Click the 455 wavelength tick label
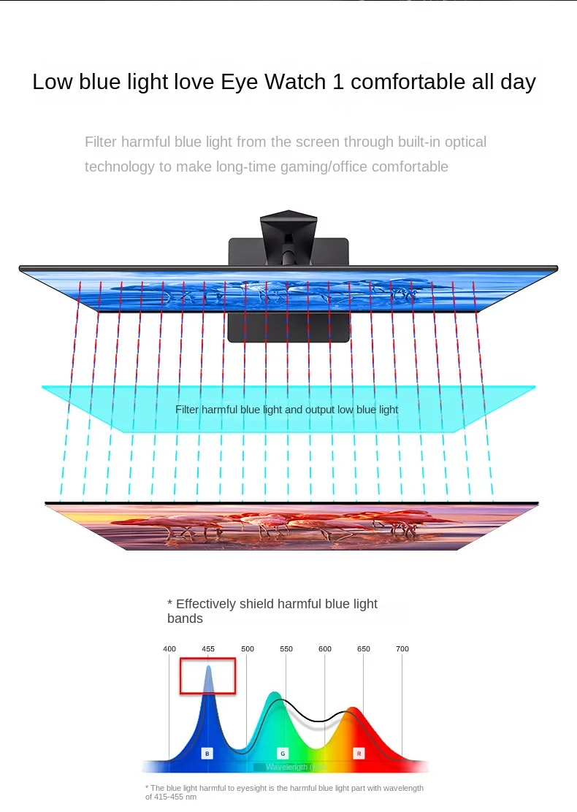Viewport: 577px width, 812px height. (208, 648)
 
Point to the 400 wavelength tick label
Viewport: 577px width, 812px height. (169, 648)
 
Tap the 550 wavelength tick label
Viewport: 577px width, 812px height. (286, 648)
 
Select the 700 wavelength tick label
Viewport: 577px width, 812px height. (402, 648)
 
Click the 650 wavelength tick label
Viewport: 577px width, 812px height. (364, 648)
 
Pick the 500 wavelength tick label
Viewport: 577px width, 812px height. (248, 648)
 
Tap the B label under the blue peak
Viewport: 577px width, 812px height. (207, 753)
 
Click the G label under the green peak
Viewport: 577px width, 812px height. (283, 753)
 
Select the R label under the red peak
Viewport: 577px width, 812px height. (359, 753)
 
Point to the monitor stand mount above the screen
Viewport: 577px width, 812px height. (288, 234)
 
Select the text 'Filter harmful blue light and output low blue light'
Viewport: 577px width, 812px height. (286, 410)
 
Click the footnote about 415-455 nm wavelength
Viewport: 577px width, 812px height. (284, 792)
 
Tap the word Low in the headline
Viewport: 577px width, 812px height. (53, 82)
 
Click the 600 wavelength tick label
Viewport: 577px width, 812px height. (325, 648)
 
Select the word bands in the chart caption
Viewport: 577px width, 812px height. (185, 618)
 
